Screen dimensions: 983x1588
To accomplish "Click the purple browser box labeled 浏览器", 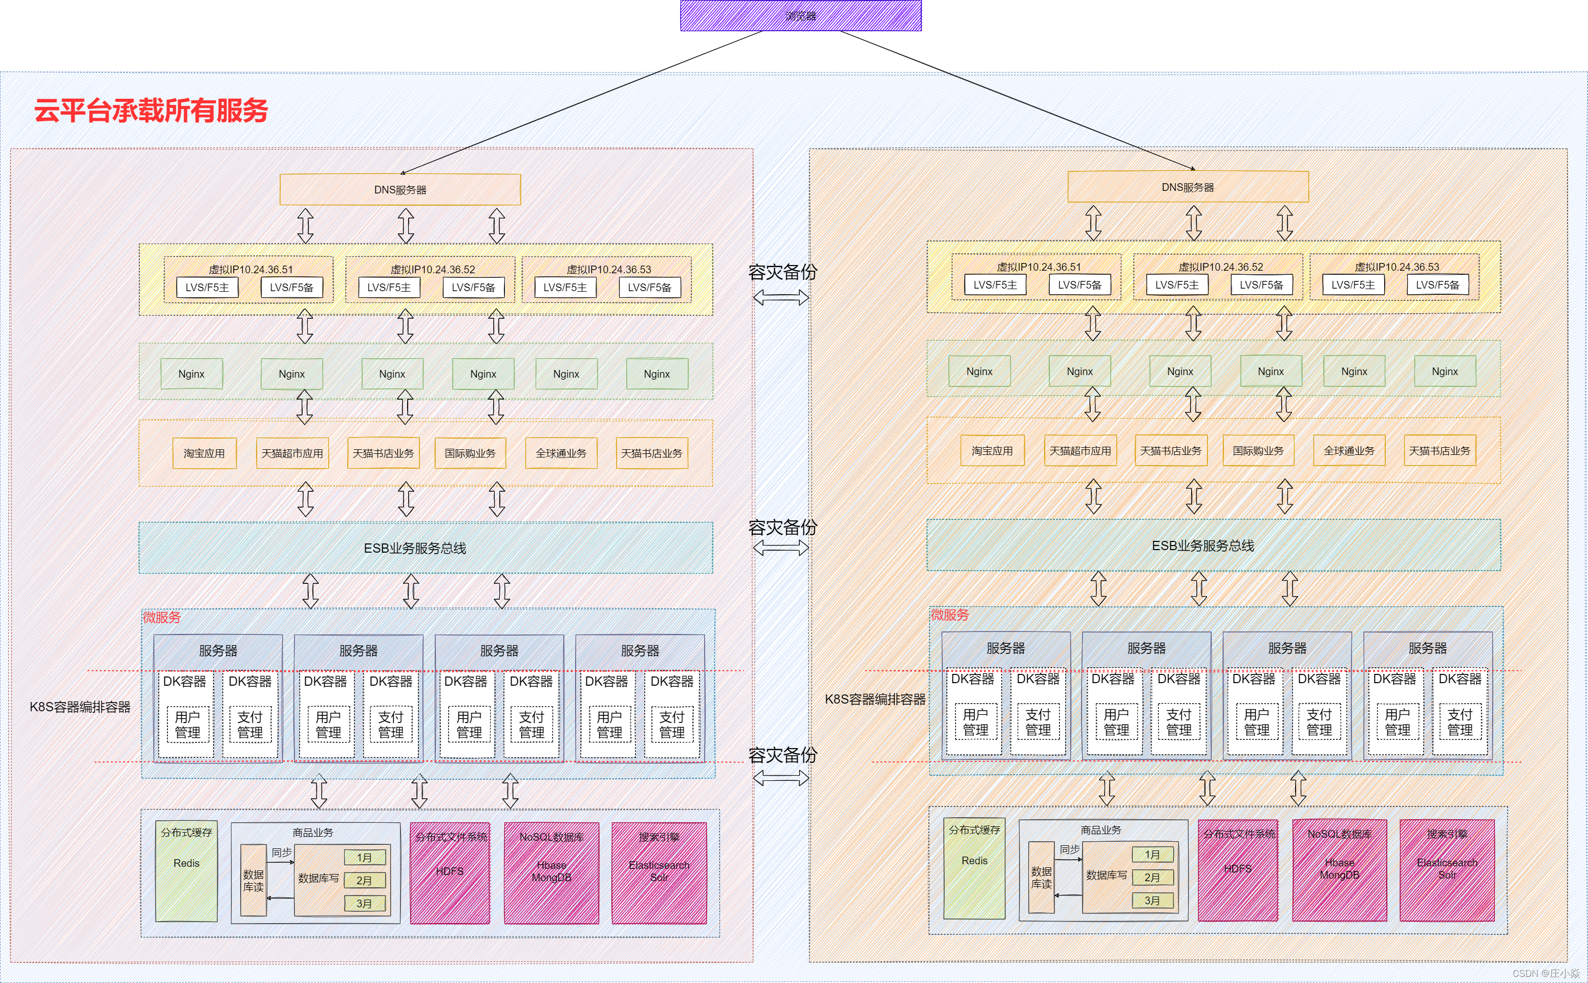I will tap(800, 15).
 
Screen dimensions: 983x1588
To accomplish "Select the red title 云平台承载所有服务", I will tap(151, 111).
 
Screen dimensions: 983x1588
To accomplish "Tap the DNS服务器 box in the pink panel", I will tap(400, 190).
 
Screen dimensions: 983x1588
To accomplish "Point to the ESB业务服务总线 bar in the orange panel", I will tap(1202, 545).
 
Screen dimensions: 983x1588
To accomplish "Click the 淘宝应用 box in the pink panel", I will tap(204, 453).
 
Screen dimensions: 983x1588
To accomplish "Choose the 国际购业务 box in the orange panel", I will tap(1258, 450).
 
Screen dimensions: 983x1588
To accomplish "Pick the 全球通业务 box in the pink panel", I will tap(561, 453).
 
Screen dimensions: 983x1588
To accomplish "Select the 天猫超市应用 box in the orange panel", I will tap(1080, 450).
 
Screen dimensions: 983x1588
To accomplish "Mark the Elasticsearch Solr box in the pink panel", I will tap(659, 872).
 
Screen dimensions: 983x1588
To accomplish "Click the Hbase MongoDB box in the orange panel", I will tap(1340, 870).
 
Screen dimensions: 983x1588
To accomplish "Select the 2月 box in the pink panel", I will tap(364, 880).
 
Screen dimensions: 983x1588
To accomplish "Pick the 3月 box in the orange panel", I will tap(1152, 901).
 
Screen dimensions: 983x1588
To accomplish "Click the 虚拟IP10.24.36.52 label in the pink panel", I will tap(433, 269).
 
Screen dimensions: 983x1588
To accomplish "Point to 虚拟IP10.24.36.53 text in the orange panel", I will tap(1397, 267).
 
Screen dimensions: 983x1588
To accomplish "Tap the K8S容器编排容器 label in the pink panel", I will tap(80, 707).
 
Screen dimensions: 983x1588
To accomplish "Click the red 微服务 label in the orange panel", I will tap(950, 615).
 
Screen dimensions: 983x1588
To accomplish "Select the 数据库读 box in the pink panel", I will tap(253, 880).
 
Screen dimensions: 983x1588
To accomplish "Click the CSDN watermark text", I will tap(1547, 973).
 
